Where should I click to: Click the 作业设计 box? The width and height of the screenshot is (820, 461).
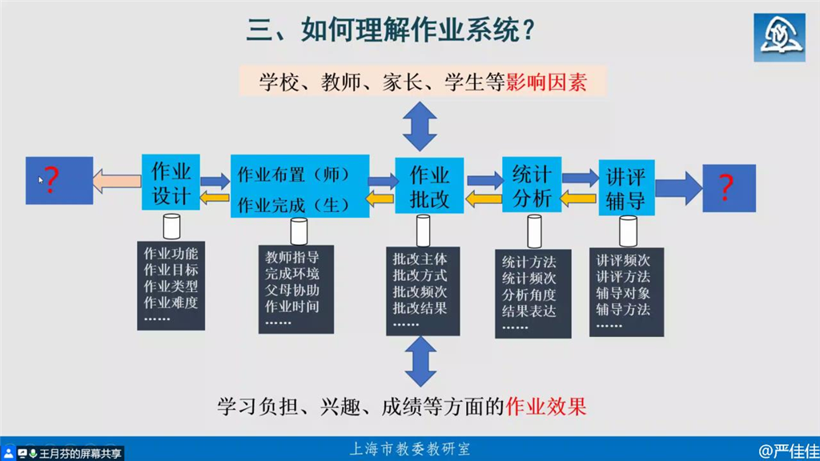(171, 182)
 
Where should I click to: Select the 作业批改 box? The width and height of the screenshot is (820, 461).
(429, 186)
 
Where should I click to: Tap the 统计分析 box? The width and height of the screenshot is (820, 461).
(532, 185)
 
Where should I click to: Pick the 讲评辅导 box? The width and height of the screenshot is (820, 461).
(626, 187)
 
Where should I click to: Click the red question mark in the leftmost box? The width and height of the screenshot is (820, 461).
(50, 180)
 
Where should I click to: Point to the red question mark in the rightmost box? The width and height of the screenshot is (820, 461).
(726, 187)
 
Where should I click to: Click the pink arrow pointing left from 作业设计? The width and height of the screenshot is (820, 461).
(117, 182)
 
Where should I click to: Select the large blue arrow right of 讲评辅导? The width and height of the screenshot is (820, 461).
(679, 188)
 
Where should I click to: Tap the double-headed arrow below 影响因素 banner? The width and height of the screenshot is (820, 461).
(420, 126)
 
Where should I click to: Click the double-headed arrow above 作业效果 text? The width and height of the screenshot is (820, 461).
(420, 361)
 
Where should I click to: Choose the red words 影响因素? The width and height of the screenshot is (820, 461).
(546, 82)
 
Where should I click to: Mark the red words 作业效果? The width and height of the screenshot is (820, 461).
(546, 407)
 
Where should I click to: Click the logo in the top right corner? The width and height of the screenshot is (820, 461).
(779, 38)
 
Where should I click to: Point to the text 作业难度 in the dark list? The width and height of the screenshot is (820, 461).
(171, 302)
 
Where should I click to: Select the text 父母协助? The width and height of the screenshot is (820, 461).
(291, 290)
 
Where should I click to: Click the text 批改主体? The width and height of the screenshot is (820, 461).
(420, 259)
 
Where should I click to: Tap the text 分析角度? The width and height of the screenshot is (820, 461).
(529, 295)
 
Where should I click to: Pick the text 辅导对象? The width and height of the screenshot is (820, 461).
(623, 293)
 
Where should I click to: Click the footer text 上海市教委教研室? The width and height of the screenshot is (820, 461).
(410, 449)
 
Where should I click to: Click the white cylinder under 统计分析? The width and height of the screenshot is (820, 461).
(534, 231)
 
